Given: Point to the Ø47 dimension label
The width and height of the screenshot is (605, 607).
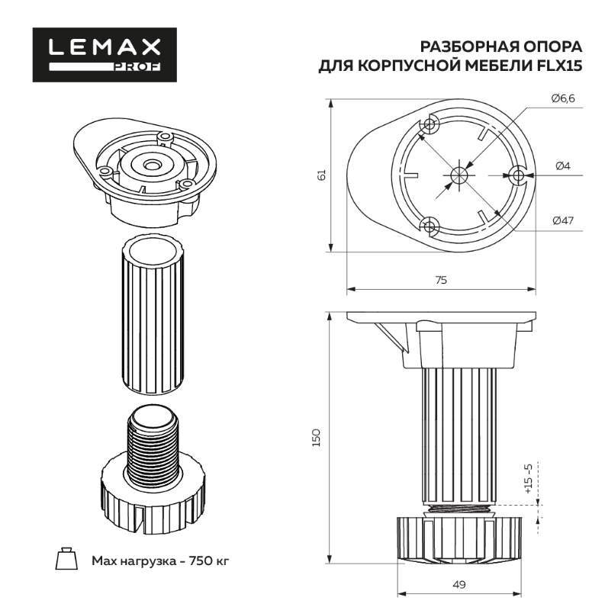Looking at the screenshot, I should (x=562, y=220).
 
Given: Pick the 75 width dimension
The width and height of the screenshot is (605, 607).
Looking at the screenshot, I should (x=440, y=280).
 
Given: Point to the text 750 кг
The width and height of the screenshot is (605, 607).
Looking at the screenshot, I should (x=207, y=560).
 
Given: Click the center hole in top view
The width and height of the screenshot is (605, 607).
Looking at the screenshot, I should (x=458, y=175).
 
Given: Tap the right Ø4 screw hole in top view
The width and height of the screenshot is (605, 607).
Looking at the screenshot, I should (x=518, y=175).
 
